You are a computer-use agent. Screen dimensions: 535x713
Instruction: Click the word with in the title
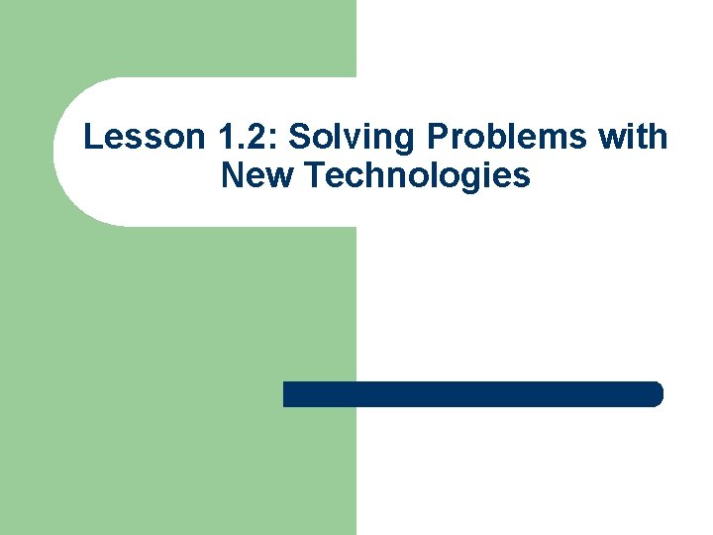tap(634, 137)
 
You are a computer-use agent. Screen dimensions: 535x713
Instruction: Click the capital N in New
tap(233, 176)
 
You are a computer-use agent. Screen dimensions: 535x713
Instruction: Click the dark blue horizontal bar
tap(472, 394)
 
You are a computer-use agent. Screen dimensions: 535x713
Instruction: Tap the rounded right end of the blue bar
tap(656, 394)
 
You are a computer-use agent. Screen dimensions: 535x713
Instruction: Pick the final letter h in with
tap(661, 137)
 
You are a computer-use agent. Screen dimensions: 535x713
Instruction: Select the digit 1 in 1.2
tap(190, 137)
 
